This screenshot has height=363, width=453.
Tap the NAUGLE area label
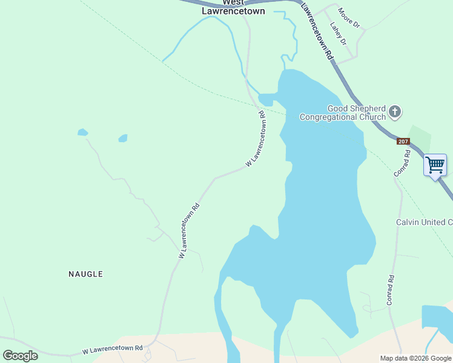(85, 274)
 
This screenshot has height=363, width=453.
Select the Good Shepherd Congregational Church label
(343, 113)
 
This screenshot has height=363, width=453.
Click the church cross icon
(395, 111)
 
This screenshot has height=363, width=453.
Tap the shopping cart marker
(435, 165)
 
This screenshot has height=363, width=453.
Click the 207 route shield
(404, 142)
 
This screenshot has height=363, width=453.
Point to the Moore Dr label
(349, 18)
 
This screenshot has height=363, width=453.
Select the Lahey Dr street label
(338, 34)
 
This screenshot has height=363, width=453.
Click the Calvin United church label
(424, 223)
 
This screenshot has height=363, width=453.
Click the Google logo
(20, 356)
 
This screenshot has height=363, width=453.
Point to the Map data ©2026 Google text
(416, 358)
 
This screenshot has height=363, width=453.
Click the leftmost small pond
(82, 132)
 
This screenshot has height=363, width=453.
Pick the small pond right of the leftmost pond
(123, 138)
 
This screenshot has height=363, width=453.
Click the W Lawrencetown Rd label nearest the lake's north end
(256, 140)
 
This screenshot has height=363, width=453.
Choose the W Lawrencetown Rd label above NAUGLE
(189, 231)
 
